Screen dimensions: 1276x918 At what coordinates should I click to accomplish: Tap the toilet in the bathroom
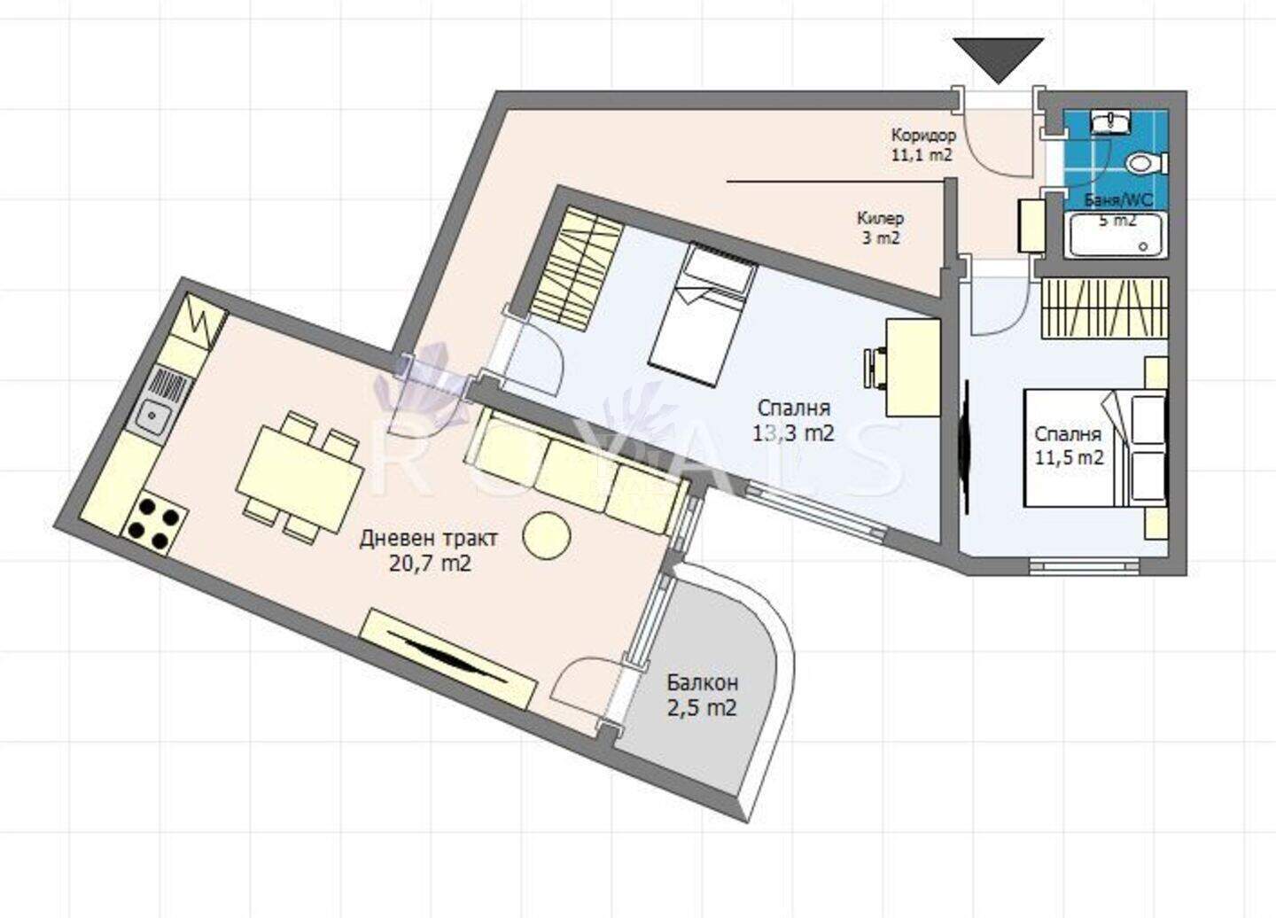pos(1146,163)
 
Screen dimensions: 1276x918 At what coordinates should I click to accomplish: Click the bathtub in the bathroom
pos(1110,235)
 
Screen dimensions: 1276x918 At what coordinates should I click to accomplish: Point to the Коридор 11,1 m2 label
pos(923,145)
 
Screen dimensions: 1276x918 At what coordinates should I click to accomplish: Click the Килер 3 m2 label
pos(880,227)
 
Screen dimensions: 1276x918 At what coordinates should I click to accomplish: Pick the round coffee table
pos(547,534)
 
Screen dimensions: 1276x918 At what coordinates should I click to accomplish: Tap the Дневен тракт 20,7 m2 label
pos(430,549)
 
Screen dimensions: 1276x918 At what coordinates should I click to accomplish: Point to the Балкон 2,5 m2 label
pos(703,696)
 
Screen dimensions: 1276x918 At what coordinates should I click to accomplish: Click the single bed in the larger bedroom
pos(704,314)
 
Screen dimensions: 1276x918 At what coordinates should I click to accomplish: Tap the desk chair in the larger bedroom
pos(875,369)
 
